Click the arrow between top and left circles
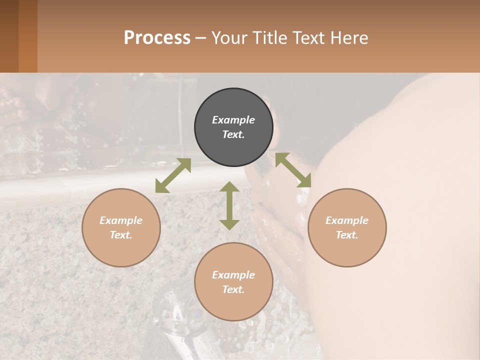[x=173, y=175]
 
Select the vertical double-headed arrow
[x=229, y=205]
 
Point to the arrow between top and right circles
[x=293, y=170]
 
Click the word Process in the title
[x=157, y=37]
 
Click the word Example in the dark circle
[x=233, y=120]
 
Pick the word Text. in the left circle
[x=121, y=235]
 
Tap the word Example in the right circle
[x=347, y=220]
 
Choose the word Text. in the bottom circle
[x=233, y=289]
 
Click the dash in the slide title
[x=201, y=38]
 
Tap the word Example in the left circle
[x=121, y=220]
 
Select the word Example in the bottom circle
[x=233, y=275]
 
